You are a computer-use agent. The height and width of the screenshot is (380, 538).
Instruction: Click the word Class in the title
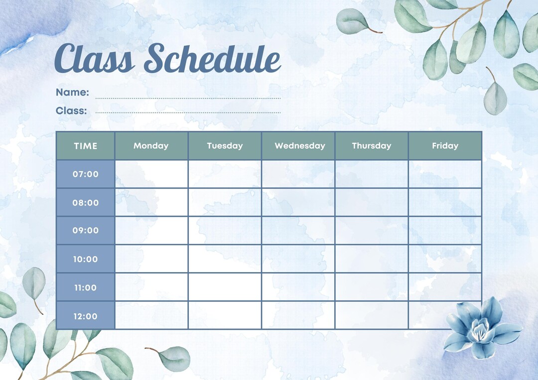point(95,58)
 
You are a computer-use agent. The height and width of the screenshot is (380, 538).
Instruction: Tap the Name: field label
point(72,93)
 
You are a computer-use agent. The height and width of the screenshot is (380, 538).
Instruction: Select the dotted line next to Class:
point(188,112)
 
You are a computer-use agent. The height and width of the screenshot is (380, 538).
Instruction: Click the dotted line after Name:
point(188,98)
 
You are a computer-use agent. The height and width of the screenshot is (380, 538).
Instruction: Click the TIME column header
point(86,146)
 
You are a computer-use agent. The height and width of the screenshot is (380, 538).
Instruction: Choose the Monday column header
point(151,146)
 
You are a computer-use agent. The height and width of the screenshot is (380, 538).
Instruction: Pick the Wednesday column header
point(299,146)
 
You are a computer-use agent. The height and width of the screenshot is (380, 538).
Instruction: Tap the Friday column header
point(445,146)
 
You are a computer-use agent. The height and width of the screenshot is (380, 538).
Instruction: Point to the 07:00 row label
point(86,174)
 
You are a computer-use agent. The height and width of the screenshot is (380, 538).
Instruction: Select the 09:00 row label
point(86,230)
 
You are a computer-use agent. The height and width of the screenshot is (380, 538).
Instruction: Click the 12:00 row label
point(86,316)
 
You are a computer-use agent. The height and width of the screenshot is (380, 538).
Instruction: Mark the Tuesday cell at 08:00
point(225,202)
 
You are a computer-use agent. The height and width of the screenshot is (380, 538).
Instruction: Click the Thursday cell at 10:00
point(372,259)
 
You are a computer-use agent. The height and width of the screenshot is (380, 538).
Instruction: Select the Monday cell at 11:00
point(151,287)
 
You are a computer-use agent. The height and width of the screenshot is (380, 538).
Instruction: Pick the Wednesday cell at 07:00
point(298,174)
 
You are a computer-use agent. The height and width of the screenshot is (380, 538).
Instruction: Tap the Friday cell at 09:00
point(445,230)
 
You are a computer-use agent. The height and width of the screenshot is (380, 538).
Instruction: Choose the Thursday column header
point(372,146)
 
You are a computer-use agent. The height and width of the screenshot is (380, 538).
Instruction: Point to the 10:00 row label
point(86,259)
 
